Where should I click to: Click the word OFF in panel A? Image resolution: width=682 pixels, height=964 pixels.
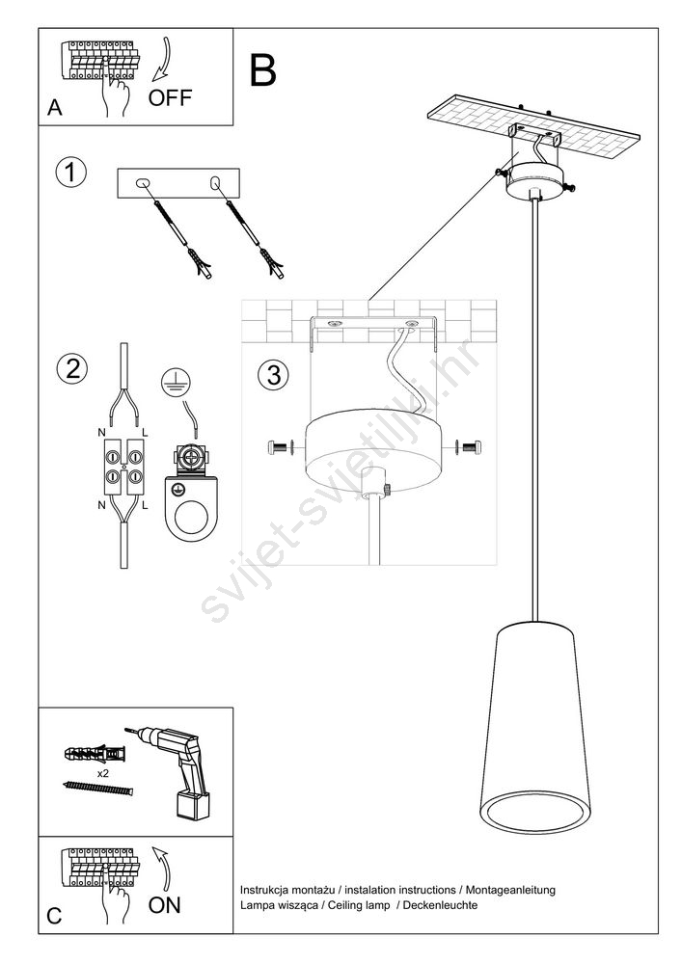170,97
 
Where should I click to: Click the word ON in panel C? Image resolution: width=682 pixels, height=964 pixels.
164,904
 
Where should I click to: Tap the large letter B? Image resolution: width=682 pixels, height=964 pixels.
262,70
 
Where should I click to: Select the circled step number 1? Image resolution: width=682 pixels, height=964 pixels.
70,173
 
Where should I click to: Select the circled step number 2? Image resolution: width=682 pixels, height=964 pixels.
72,369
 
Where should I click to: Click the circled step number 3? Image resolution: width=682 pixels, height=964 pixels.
274,374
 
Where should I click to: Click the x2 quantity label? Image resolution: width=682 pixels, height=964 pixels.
102,773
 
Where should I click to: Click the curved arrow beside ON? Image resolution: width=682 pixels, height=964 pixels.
161,867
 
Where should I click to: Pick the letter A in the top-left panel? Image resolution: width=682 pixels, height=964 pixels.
55,108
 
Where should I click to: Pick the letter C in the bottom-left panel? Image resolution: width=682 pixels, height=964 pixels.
54,916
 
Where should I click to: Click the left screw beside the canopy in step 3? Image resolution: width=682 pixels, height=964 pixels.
281,447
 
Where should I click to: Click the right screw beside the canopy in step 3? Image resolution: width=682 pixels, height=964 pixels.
469,447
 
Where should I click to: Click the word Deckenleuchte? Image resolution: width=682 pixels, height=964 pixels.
440,905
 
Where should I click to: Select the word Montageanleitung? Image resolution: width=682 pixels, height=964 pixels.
510,890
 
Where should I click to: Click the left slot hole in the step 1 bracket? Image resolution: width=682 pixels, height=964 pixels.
143,182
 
